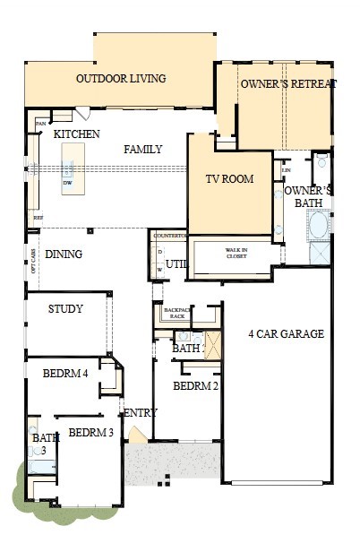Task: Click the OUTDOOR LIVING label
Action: [121, 79]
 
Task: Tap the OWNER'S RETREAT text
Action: [287, 83]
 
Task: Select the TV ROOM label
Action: [230, 179]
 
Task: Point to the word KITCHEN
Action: [76, 134]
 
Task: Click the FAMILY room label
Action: [143, 150]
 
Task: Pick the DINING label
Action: [64, 254]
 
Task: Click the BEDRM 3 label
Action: [90, 433]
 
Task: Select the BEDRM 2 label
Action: [195, 386]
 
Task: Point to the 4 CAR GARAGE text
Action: [286, 334]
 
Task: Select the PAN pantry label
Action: [41, 123]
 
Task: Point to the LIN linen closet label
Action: [287, 170]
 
